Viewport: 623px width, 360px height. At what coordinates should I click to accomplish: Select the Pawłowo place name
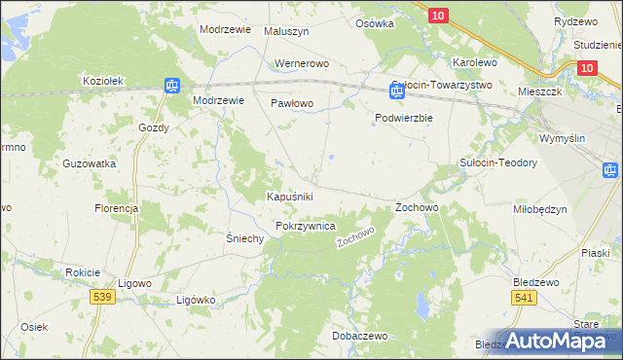click(x=291, y=102)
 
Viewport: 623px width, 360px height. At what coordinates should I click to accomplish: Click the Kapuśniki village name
click(x=289, y=197)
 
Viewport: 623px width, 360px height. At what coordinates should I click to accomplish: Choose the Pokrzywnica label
click(x=306, y=226)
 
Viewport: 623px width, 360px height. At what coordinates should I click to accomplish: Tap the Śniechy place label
click(x=245, y=238)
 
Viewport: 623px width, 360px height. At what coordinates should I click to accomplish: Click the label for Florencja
click(x=117, y=208)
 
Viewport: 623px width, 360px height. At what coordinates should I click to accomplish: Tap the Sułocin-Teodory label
click(x=498, y=162)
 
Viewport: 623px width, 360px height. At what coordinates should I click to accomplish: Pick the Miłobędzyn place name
click(x=539, y=209)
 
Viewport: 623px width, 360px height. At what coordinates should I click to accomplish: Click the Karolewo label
click(x=475, y=62)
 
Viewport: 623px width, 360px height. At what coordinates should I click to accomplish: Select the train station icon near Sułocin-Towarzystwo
click(x=396, y=92)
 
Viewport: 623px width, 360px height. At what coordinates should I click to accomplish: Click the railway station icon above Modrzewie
click(x=171, y=85)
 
